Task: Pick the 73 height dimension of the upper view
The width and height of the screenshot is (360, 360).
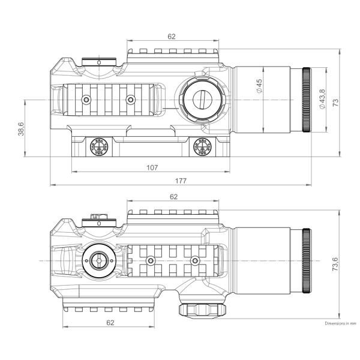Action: pyautogui.click(x=335, y=102)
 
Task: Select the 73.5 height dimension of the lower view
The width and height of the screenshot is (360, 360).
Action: pyautogui.click(x=335, y=262)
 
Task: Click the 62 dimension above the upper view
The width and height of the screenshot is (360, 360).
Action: pyautogui.click(x=172, y=37)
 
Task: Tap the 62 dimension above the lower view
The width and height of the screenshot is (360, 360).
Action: pyautogui.click(x=173, y=196)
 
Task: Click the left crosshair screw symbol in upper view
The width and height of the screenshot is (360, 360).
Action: pyautogui.click(x=97, y=146)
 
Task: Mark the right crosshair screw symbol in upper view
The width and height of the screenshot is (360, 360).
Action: pyautogui.click(x=201, y=146)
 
